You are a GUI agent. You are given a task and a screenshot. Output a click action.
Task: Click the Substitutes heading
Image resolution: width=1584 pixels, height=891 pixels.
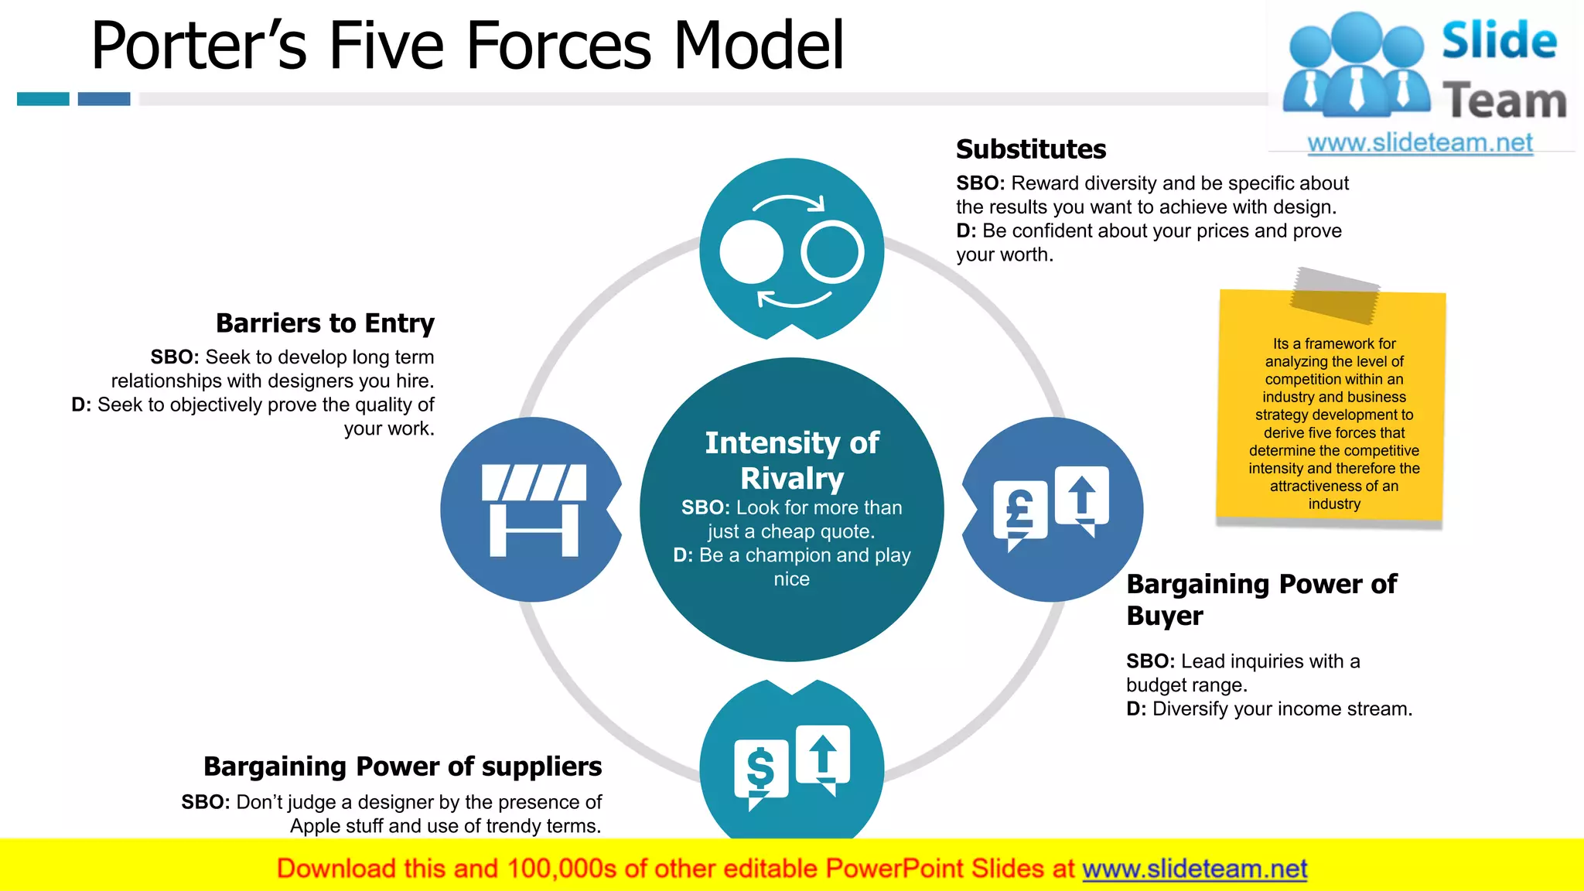(x=1030, y=149)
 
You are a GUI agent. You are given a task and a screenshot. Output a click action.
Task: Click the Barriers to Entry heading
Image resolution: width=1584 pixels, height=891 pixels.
(x=325, y=323)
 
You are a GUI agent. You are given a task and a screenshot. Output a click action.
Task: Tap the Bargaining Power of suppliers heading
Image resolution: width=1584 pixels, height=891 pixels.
(x=402, y=766)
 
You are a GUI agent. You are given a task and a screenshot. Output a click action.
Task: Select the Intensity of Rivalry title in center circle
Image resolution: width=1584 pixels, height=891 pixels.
(x=791, y=460)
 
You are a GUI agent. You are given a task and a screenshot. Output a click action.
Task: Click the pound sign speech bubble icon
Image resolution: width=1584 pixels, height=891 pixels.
(x=1019, y=512)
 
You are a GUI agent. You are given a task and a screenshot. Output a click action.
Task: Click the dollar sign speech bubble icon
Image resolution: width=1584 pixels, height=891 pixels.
(x=760, y=770)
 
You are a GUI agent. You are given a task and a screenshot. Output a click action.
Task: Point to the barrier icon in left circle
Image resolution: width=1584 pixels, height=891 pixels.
(x=534, y=510)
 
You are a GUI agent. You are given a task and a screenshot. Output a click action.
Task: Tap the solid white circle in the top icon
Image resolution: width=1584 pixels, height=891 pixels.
(x=751, y=252)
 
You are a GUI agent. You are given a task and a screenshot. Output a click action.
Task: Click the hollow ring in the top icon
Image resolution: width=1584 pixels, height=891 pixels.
(x=832, y=252)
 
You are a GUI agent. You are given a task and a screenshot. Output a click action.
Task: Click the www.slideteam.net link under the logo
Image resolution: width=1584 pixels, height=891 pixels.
(x=1419, y=143)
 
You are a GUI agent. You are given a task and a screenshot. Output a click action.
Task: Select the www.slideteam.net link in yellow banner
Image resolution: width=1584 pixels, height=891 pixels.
(x=1194, y=869)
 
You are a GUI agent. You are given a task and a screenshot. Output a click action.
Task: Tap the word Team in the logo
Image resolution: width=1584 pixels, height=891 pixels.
(x=1504, y=101)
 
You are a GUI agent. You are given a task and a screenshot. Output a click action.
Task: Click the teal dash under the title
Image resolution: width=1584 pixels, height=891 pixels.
(x=43, y=99)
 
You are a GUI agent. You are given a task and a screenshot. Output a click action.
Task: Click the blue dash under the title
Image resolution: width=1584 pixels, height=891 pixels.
(x=104, y=99)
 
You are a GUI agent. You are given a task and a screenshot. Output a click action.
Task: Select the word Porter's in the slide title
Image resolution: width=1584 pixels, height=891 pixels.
(x=199, y=46)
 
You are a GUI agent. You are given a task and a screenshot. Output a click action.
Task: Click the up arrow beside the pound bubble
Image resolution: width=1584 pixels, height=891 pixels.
(x=1081, y=495)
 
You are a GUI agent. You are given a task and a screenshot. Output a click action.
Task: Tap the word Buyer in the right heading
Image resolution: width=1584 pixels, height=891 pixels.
(x=1164, y=616)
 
